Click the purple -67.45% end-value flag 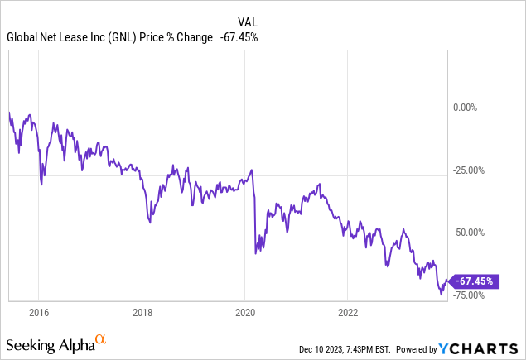(x=475, y=281)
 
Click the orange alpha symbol (x=100, y=339)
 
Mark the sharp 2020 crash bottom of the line (x=255, y=253)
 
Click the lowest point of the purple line (x=442, y=294)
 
